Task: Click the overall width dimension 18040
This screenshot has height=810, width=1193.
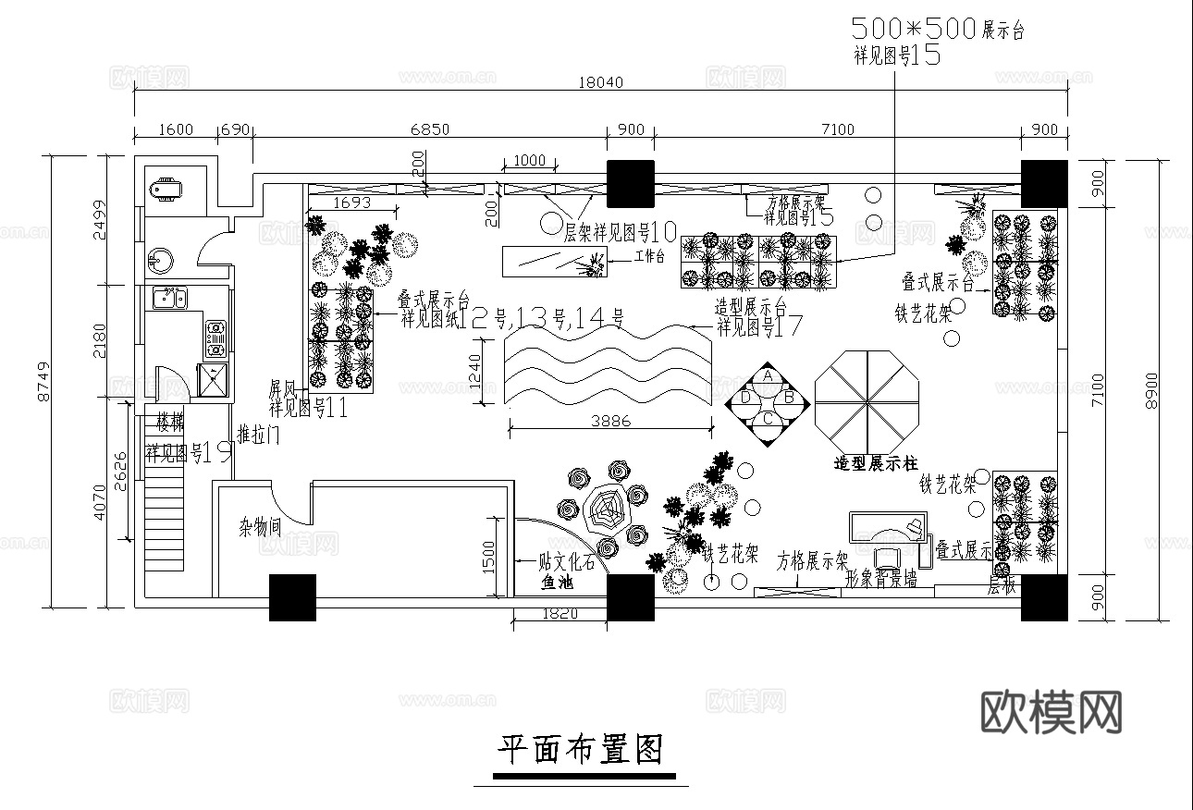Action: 602,82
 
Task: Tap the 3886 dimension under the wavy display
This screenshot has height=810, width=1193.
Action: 609,421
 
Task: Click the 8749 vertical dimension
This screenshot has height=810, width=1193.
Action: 42,382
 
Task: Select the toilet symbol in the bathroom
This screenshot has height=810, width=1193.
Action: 166,190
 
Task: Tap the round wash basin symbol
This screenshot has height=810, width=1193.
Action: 162,260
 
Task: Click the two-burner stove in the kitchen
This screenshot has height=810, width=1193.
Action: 215,338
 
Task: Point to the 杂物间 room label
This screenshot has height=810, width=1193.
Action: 261,528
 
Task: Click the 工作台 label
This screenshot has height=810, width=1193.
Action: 648,256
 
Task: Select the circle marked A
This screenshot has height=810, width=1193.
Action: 768,376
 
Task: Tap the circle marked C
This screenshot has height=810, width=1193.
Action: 768,419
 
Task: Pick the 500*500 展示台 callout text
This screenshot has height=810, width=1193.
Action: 936,30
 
